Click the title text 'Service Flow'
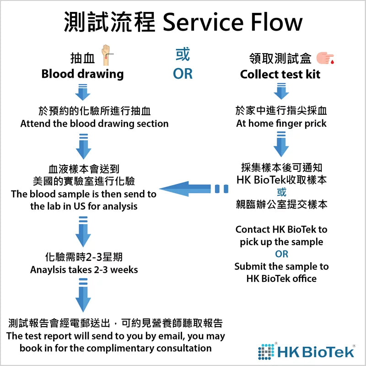(232, 22)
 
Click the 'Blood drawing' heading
(82, 74)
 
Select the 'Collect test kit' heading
(280, 74)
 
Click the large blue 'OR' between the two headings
(183, 73)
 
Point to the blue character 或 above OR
(183, 55)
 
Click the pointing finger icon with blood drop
(325, 58)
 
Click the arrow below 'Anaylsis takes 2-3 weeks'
(83, 297)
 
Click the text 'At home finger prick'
(281, 124)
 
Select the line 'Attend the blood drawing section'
(94, 124)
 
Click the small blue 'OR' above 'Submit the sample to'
(281, 254)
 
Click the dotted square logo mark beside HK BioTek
(267, 350)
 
